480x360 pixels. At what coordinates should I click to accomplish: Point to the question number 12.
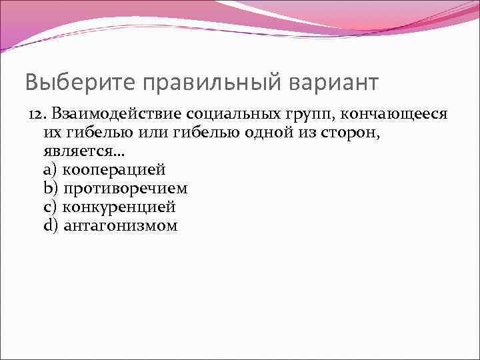coord(36,114)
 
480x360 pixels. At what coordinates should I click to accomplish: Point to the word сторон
coord(353,133)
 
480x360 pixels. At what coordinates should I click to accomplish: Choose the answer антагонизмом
coord(120,226)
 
